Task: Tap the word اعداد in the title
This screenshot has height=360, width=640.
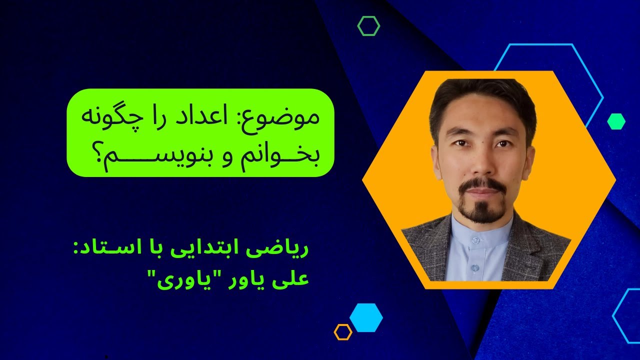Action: pyautogui.click(x=226, y=118)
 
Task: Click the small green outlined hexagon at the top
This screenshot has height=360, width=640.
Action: pyautogui.click(x=368, y=26)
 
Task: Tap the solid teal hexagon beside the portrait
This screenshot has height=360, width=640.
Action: pyautogui.click(x=616, y=121)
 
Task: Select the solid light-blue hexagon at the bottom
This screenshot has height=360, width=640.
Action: pyautogui.click(x=366, y=317)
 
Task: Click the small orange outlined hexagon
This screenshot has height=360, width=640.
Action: pyautogui.click(x=343, y=332)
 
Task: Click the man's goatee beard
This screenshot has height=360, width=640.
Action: pyautogui.click(x=482, y=210)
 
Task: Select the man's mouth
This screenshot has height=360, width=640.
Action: pyautogui.click(x=481, y=191)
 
